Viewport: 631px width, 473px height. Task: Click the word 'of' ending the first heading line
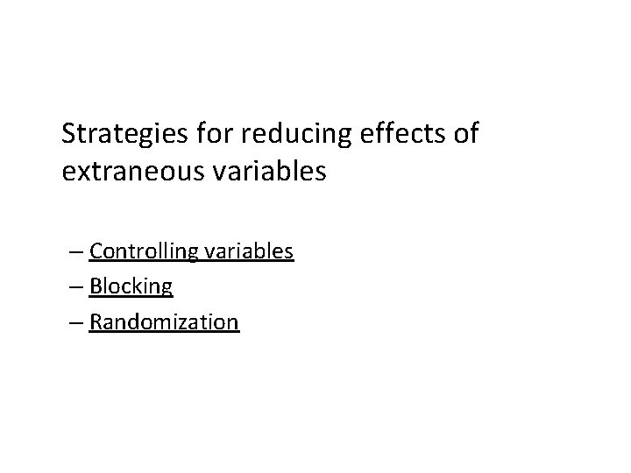click(468, 134)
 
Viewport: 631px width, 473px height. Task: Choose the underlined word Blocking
click(131, 287)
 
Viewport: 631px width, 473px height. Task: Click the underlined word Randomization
click(163, 322)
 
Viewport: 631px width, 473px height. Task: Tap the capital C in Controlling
click(96, 252)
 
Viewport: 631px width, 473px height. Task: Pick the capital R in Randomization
click(96, 322)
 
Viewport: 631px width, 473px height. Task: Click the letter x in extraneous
click(82, 172)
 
